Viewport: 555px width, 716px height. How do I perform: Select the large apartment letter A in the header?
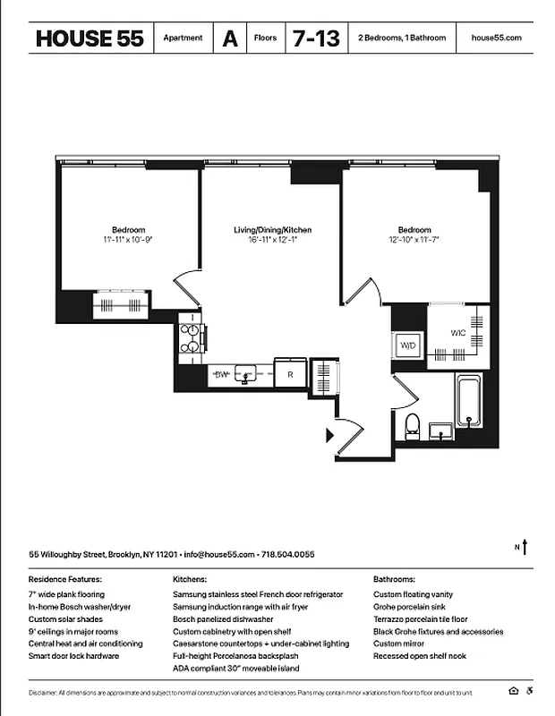(x=230, y=38)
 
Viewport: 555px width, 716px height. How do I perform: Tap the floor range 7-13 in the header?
(x=314, y=38)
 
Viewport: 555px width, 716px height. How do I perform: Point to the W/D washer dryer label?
(x=408, y=345)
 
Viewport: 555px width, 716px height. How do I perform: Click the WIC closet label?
(x=457, y=333)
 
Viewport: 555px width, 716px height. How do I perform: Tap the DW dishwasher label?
(x=220, y=375)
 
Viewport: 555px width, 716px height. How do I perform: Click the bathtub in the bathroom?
(x=469, y=403)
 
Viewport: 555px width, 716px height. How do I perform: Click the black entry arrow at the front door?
(x=329, y=435)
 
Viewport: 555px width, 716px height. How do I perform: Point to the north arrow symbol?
(x=526, y=546)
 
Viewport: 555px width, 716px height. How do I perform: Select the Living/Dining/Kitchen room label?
(x=272, y=230)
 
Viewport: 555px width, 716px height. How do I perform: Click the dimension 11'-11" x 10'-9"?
(x=128, y=240)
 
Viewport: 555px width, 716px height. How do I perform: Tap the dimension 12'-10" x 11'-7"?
(x=414, y=240)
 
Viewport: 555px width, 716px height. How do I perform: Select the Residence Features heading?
(x=64, y=580)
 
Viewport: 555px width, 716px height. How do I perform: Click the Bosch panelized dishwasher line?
(x=223, y=619)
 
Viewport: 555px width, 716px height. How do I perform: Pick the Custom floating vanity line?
(x=413, y=594)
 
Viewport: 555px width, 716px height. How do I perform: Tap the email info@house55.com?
(x=219, y=555)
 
